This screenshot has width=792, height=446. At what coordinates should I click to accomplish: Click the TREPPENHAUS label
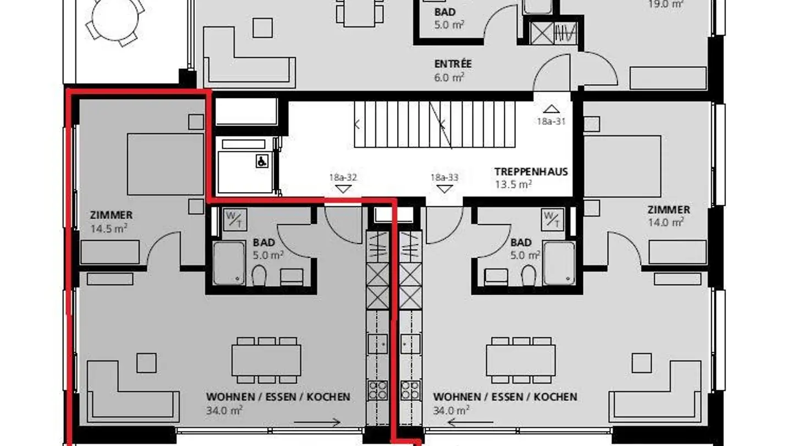coord(531,171)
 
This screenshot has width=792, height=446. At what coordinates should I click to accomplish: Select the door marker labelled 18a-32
coord(343,189)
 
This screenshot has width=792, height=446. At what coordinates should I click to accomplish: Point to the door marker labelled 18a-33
coord(444,189)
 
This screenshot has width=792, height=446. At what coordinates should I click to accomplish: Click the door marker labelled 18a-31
coord(551,110)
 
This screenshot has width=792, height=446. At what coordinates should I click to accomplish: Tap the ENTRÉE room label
coord(453,64)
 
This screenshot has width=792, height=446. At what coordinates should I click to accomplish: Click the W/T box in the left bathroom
coord(234,219)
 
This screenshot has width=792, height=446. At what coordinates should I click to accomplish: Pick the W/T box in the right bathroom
coord(552,219)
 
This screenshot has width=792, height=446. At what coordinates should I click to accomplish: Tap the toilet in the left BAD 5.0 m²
coord(259,275)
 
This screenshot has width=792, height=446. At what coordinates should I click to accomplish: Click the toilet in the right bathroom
coord(529,275)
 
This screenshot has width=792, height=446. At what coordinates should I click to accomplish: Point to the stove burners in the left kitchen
coord(378,389)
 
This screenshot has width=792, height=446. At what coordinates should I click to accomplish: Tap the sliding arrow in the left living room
coord(317,423)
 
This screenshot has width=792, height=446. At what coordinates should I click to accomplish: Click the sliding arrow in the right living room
coord(470,423)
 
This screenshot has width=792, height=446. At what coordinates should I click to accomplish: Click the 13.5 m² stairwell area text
coord(513,184)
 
